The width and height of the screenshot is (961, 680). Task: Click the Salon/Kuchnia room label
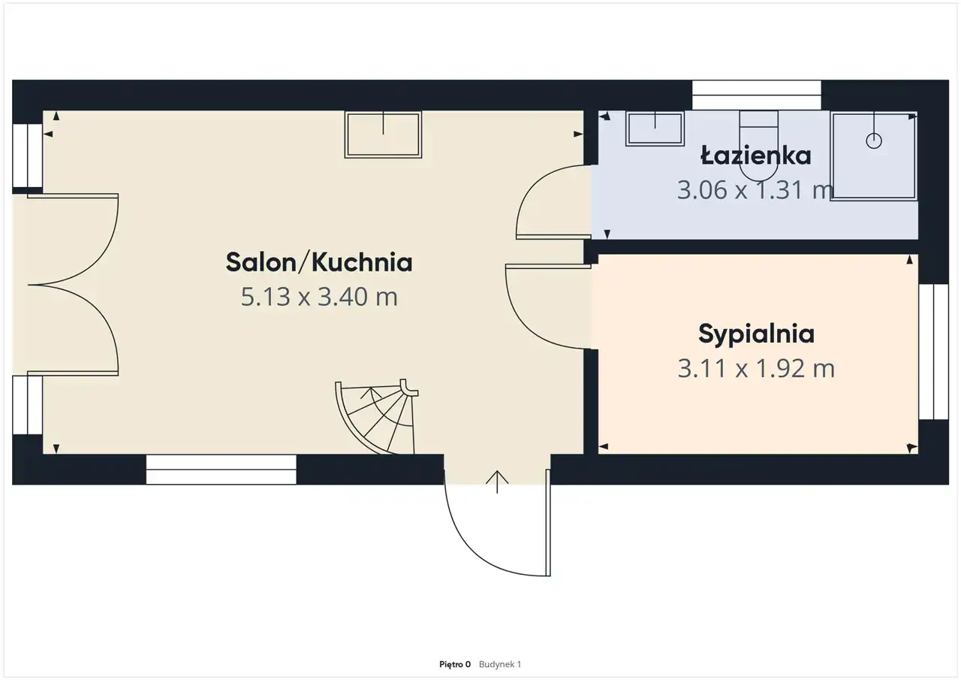tap(319, 262)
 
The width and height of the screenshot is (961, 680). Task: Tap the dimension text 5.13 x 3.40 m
tap(319, 297)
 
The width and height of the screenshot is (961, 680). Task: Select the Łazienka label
tap(756, 155)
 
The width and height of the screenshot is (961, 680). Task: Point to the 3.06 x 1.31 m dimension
tap(755, 190)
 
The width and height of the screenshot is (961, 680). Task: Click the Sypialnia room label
tap(756, 335)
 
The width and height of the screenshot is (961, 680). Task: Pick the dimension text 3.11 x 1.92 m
tap(756, 369)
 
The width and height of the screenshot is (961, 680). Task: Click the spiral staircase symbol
tap(377, 416)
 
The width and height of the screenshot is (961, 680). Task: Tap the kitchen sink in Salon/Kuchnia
tap(383, 134)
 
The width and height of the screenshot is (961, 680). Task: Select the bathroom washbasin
tap(655, 128)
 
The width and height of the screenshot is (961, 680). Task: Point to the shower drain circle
tap(874, 141)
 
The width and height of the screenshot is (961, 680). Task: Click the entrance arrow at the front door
tap(497, 482)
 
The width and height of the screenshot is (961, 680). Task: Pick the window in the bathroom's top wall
tap(756, 95)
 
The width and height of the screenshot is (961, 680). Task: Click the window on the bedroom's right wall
tap(933, 352)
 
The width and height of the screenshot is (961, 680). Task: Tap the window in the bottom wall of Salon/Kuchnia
tap(221, 470)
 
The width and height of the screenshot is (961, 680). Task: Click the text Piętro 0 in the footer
tap(455, 664)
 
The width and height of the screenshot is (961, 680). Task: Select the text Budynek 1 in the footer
tap(500, 664)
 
